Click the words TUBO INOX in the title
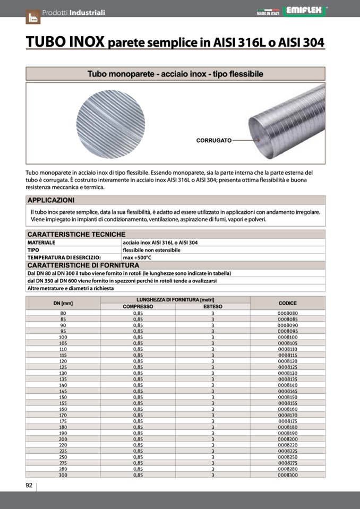point(65,42)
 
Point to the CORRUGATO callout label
point(214,141)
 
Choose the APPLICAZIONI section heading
point(51,200)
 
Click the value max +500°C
point(137,257)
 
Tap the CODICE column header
point(287,303)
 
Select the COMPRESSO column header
point(138,307)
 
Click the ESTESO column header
point(212,307)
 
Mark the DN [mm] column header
point(63,303)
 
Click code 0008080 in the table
point(287,313)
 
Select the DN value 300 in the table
point(63,475)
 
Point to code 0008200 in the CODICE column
point(287,439)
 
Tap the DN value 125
point(63,367)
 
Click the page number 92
point(29,485)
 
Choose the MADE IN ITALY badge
point(268,11)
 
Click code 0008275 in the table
point(287,463)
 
